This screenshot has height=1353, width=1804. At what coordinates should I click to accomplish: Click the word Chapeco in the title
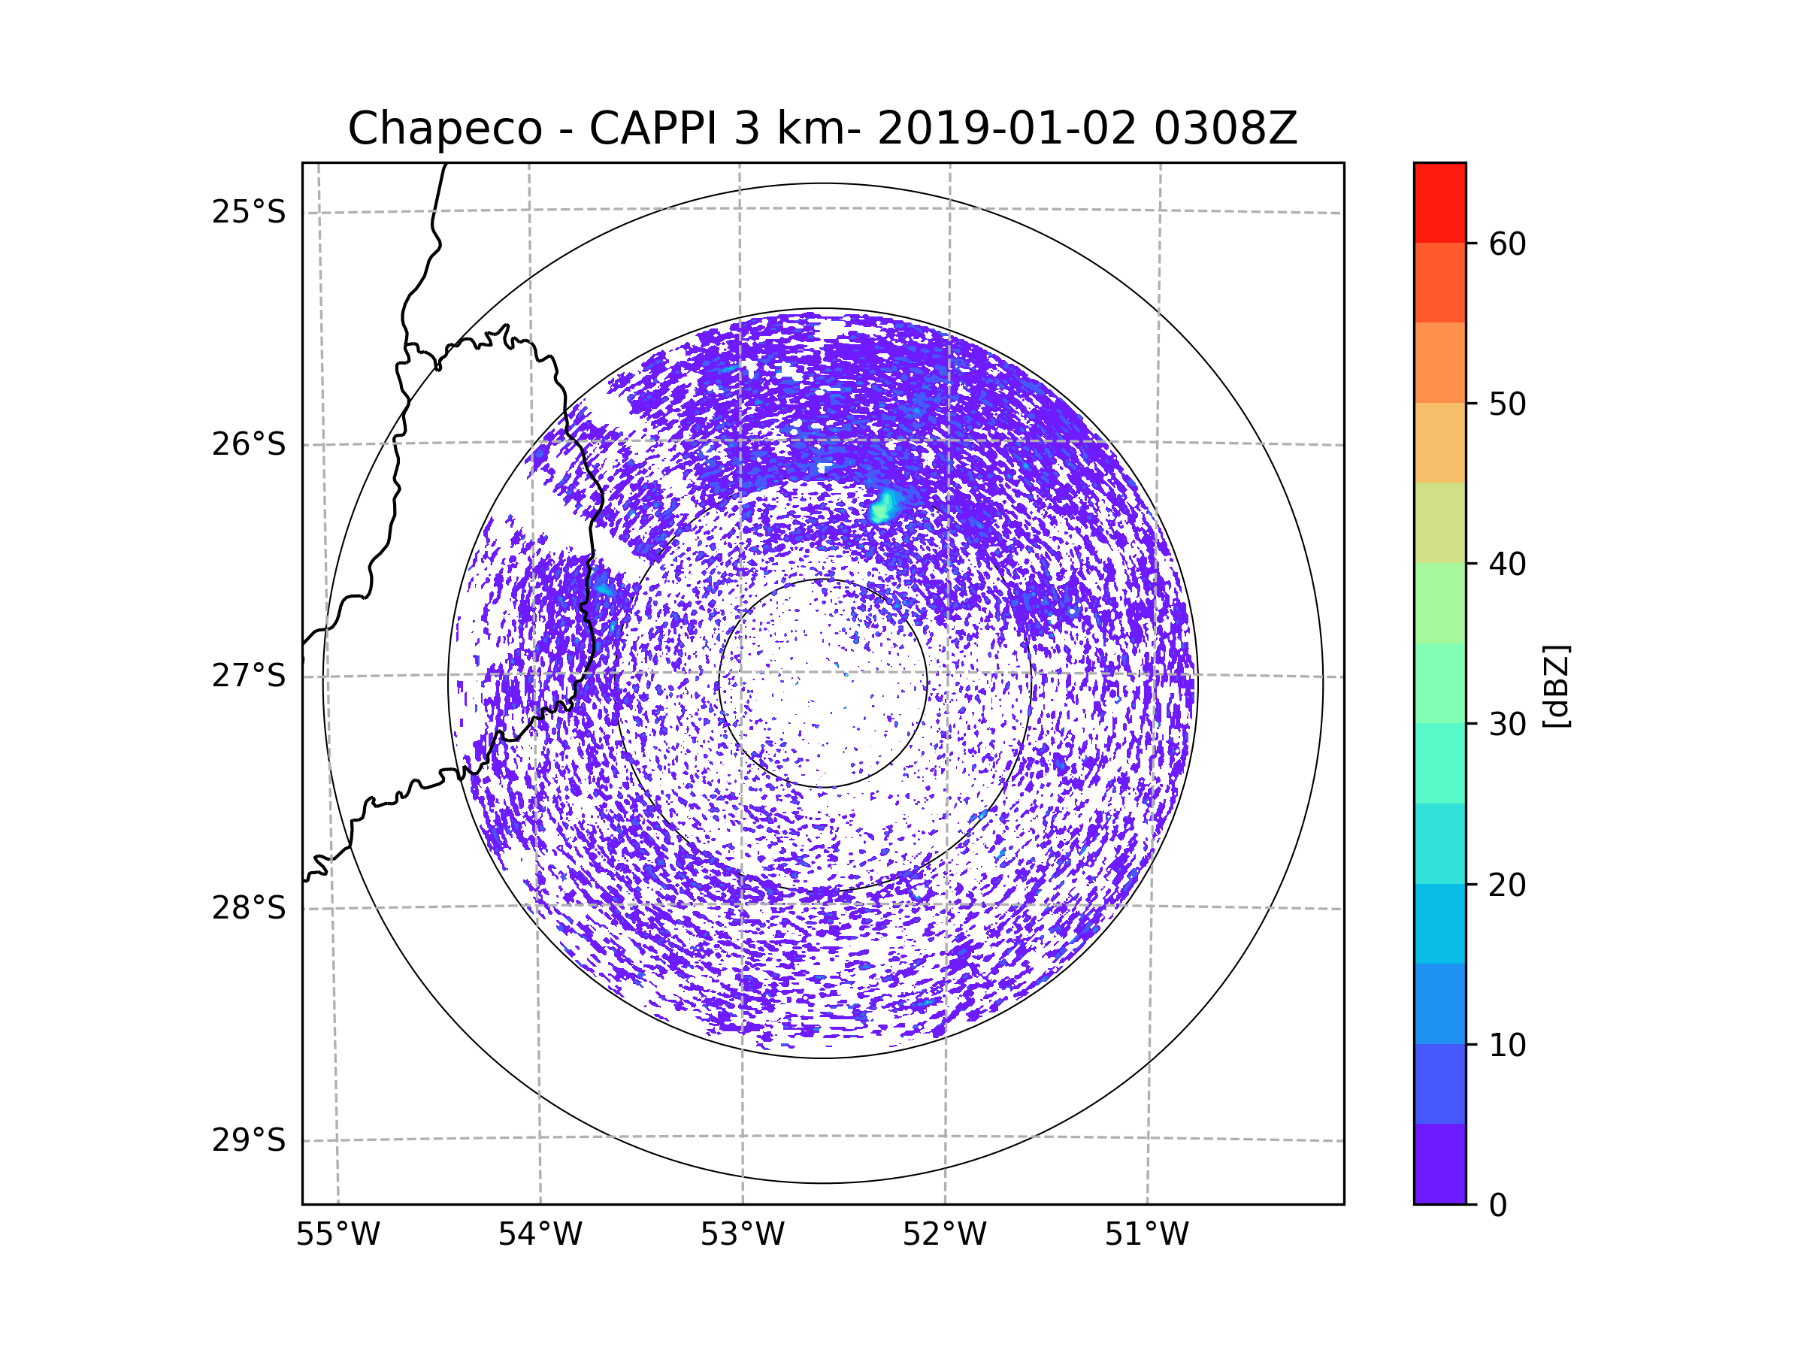point(444,129)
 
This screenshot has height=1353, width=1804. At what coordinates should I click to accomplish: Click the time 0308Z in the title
point(1225,128)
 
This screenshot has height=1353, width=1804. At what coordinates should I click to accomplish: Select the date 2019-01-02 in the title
point(1006,128)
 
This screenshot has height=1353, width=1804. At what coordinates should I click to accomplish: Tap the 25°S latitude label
point(249,212)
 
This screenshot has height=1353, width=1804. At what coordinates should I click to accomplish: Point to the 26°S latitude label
point(249,444)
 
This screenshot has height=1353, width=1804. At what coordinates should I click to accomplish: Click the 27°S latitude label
point(249,676)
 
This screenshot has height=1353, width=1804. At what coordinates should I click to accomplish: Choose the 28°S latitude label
point(249,908)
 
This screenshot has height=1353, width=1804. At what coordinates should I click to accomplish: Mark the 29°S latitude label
point(249,1140)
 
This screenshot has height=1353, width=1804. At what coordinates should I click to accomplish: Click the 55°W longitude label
point(337,1235)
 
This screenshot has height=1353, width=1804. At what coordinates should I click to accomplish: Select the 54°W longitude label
point(540,1235)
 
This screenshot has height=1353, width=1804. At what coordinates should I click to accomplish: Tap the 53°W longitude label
point(742,1235)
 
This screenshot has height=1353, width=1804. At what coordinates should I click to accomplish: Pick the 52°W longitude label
point(944,1235)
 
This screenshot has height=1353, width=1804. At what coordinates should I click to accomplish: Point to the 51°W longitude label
point(1146,1235)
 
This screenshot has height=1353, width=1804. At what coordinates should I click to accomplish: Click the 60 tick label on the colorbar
point(1507,244)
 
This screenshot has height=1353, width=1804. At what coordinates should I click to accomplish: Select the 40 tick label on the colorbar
point(1507,565)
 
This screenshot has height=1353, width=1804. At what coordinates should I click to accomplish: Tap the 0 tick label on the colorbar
point(1498,1206)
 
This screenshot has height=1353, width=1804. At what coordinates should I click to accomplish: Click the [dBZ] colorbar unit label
point(1556,686)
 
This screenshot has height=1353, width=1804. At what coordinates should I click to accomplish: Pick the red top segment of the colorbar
point(1439,202)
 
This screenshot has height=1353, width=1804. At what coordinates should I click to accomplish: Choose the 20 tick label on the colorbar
point(1507,885)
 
